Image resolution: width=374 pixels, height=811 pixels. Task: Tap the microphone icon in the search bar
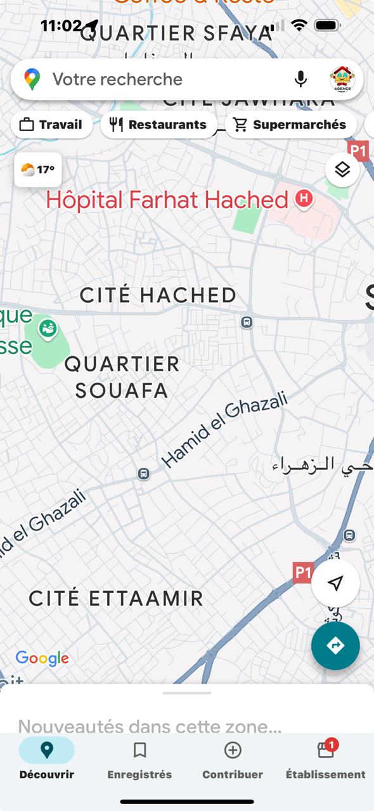300,79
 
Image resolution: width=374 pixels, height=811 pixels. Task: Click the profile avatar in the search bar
342,79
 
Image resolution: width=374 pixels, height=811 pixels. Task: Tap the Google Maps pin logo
32,79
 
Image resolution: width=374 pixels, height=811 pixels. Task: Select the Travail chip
52,125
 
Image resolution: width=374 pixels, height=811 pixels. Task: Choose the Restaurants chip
158,125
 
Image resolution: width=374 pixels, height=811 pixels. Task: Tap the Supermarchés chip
291,125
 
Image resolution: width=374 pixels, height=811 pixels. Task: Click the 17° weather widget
38,170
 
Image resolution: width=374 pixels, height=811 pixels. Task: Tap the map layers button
342,170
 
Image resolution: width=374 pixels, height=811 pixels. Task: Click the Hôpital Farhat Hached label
167,200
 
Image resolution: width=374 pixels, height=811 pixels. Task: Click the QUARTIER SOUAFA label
122,377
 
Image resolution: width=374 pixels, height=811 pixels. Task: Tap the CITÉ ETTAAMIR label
116,598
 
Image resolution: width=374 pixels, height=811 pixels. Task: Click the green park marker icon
48,328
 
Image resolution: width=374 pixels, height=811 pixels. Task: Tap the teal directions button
335,646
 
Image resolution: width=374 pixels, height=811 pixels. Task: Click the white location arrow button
335,584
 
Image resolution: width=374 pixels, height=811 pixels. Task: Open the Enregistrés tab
139,760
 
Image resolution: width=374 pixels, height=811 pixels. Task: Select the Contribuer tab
233,760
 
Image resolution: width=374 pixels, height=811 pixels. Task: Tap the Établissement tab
325,760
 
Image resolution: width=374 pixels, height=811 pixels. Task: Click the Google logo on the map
42,659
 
